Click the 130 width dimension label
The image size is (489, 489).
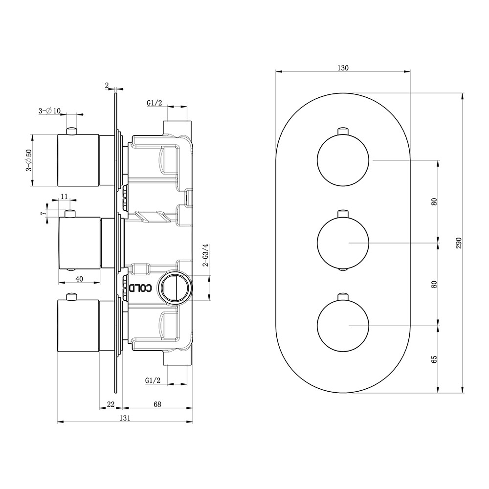pos(343,68)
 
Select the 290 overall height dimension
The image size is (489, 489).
pos(458,243)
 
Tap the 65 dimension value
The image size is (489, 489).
pos(434,359)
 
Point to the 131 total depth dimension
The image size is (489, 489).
pos(125,418)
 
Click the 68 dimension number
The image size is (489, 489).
pos(157,404)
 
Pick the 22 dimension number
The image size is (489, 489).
pos(111,404)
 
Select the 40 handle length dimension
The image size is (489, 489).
pos(79,279)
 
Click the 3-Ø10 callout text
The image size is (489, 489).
pos(49,111)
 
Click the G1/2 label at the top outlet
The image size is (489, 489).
pos(154,103)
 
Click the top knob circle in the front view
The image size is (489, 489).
pos(341,160)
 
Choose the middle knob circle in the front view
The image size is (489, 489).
pos(341,243)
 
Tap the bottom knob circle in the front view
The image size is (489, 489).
pos(341,325)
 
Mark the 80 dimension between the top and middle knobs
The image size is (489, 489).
pos(434,201)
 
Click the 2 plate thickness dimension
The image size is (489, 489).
pos(107,85)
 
